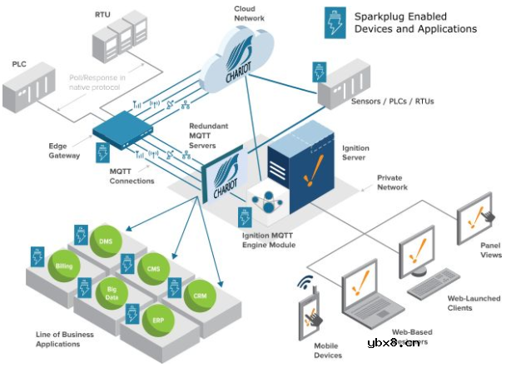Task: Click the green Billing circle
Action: (64, 266)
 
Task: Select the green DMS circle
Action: (106, 241)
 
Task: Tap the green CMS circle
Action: (153, 269)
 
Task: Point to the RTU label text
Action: (102, 14)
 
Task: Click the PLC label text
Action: (18, 63)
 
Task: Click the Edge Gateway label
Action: (63, 151)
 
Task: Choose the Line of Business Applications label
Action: (65, 339)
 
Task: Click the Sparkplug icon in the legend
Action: (335, 22)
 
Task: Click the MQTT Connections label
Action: (132, 176)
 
